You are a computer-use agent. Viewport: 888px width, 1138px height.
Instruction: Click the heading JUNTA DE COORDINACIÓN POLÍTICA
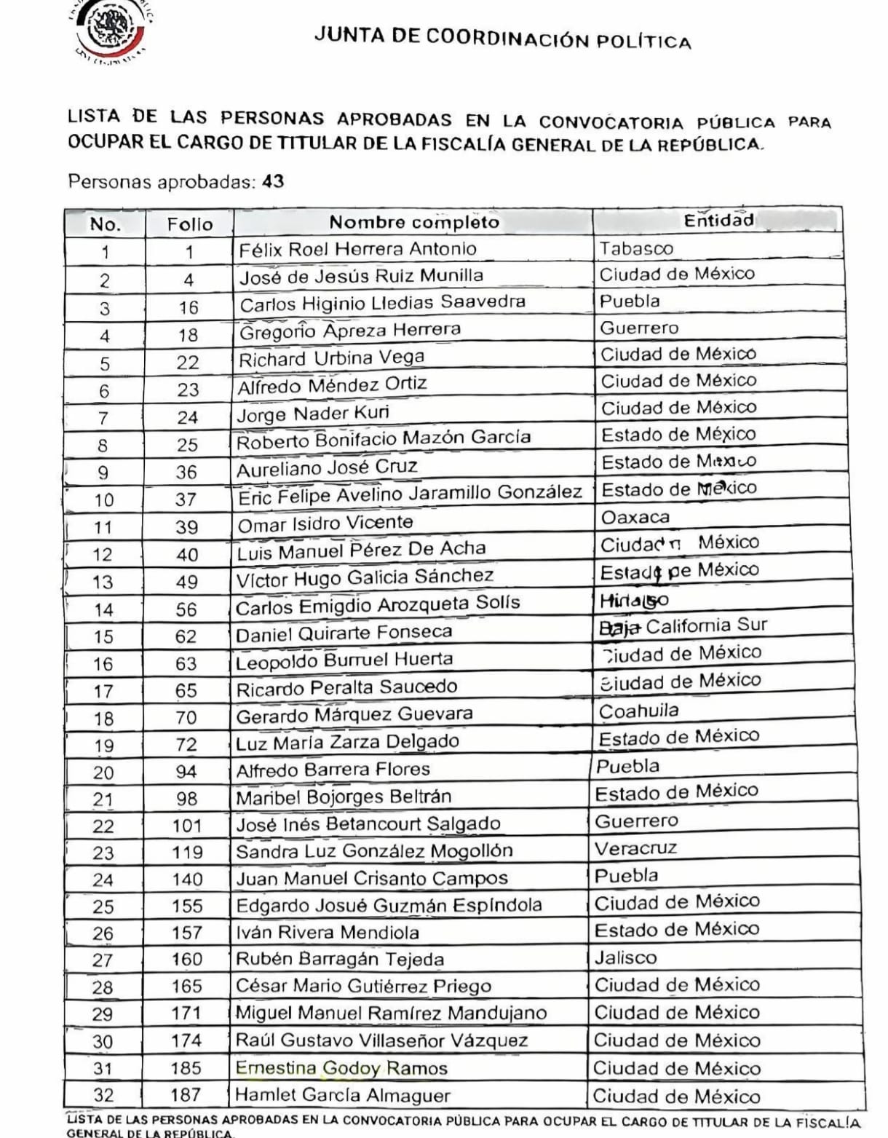[x=502, y=38]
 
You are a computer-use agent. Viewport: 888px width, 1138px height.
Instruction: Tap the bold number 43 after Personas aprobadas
[x=273, y=181]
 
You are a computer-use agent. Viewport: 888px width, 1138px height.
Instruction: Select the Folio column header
[x=189, y=224]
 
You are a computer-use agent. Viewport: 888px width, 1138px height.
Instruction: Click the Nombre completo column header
[x=413, y=222]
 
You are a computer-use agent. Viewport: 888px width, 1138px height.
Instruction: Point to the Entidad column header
[x=718, y=221]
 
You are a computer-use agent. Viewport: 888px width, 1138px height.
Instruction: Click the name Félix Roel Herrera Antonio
[x=357, y=249]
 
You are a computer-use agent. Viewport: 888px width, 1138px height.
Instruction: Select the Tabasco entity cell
[x=636, y=248]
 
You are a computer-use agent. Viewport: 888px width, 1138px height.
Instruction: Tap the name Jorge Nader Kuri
[x=313, y=414]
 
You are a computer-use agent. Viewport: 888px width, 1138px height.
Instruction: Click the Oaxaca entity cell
[x=635, y=517]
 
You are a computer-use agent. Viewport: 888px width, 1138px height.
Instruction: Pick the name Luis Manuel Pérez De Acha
[x=361, y=550]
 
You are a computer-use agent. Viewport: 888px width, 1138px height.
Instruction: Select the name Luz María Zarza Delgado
[x=347, y=742]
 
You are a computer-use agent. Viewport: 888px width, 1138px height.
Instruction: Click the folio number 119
[x=187, y=852]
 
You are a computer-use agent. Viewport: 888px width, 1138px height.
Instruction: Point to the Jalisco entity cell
[x=625, y=957]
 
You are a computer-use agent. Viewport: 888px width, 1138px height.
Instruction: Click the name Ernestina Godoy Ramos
[x=341, y=1068]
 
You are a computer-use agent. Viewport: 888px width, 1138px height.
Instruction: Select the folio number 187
[x=186, y=1094]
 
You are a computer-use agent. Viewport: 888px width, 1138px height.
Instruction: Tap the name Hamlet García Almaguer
[x=343, y=1095]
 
